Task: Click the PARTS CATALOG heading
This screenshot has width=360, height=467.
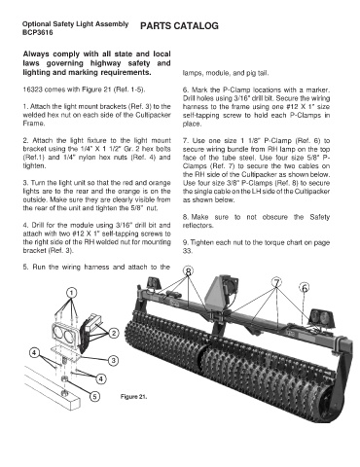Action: tap(179, 26)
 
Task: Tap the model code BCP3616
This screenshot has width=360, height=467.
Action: tap(38, 33)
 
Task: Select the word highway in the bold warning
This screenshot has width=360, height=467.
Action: tap(105, 63)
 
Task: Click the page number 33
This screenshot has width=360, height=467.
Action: tap(187, 251)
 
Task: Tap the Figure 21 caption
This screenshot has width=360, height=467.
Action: tap(133, 397)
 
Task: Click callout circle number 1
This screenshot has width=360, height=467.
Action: tap(72, 293)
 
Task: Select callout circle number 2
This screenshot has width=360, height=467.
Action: tap(114, 333)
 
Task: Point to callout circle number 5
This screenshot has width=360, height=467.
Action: tap(94, 396)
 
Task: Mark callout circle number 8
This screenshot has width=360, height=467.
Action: tap(189, 271)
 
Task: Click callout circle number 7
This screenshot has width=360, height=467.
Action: tap(276, 283)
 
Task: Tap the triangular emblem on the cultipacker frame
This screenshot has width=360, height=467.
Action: tap(216, 293)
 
